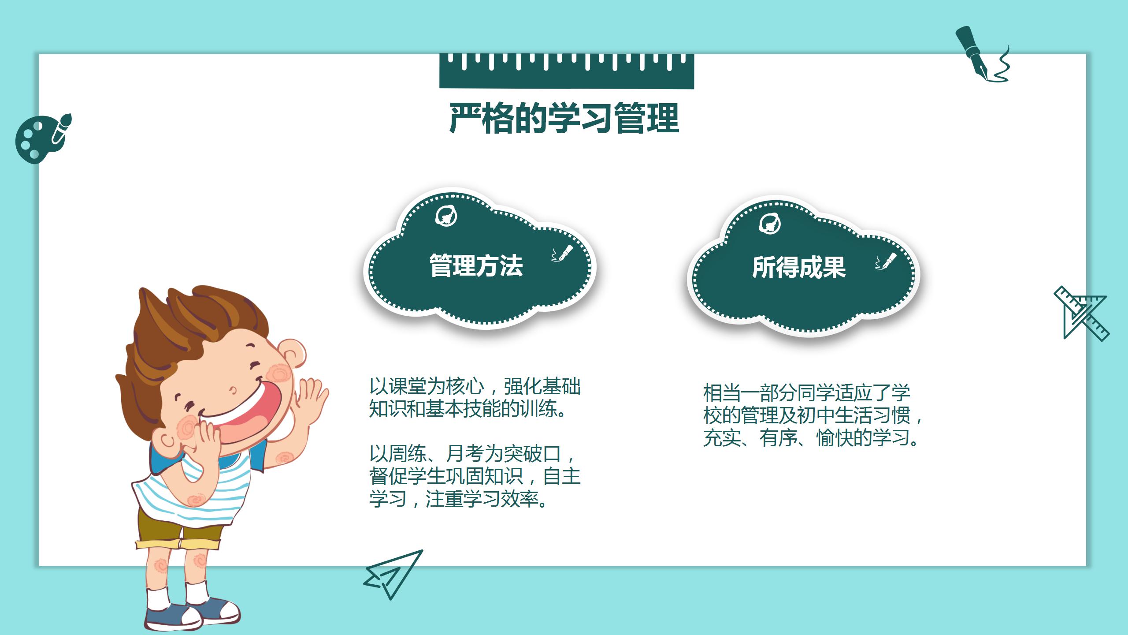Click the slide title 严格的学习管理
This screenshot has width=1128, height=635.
[x=564, y=118]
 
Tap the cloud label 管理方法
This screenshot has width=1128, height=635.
[x=476, y=265]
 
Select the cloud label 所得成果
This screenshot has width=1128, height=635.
[x=799, y=267]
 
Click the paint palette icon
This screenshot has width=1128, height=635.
[x=42, y=138]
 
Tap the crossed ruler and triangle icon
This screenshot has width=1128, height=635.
[x=1082, y=314]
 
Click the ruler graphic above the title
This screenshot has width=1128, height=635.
[x=567, y=71]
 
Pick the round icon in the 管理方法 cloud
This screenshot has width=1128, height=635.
[x=446, y=216]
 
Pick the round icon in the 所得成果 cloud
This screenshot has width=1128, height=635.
[x=769, y=224]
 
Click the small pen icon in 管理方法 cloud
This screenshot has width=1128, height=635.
[x=562, y=254]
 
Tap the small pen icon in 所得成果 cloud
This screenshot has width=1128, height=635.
[x=886, y=261]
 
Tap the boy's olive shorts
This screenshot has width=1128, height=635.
[x=176, y=527]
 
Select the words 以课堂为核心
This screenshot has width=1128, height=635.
[x=426, y=387]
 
